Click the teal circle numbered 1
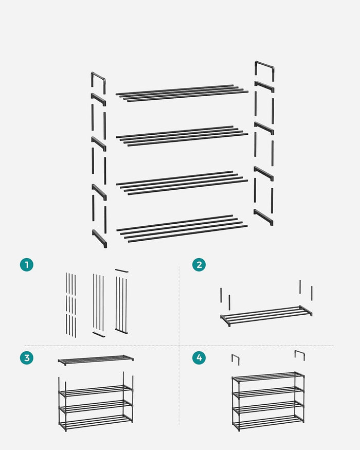pyautogui.click(x=27, y=265)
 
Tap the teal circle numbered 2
pyautogui.click(x=199, y=265)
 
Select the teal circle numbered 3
pyautogui.click(x=27, y=358)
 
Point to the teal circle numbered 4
pyautogui.click(x=199, y=358)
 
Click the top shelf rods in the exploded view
pyautogui.click(x=182, y=93)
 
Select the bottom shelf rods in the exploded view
pyautogui.click(x=182, y=228)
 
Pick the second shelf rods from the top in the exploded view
pyautogui.click(x=182, y=136)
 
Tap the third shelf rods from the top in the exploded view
pyautogui.click(x=182, y=183)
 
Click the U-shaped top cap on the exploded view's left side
pyautogui.click(x=98, y=80)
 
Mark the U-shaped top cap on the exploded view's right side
pyautogui.click(x=264, y=69)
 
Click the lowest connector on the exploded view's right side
pyautogui.click(x=263, y=218)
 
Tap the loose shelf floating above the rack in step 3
pyautogui.click(x=96, y=359)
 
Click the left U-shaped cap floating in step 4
pyautogui.click(x=235, y=359)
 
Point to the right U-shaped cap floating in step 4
pyautogui.click(x=299, y=354)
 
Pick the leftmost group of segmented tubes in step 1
pyautogui.click(x=71, y=304)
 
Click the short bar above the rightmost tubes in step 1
pyautogui.click(x=121, y=270)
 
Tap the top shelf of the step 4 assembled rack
pyautogui.click(x=267, y=376)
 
